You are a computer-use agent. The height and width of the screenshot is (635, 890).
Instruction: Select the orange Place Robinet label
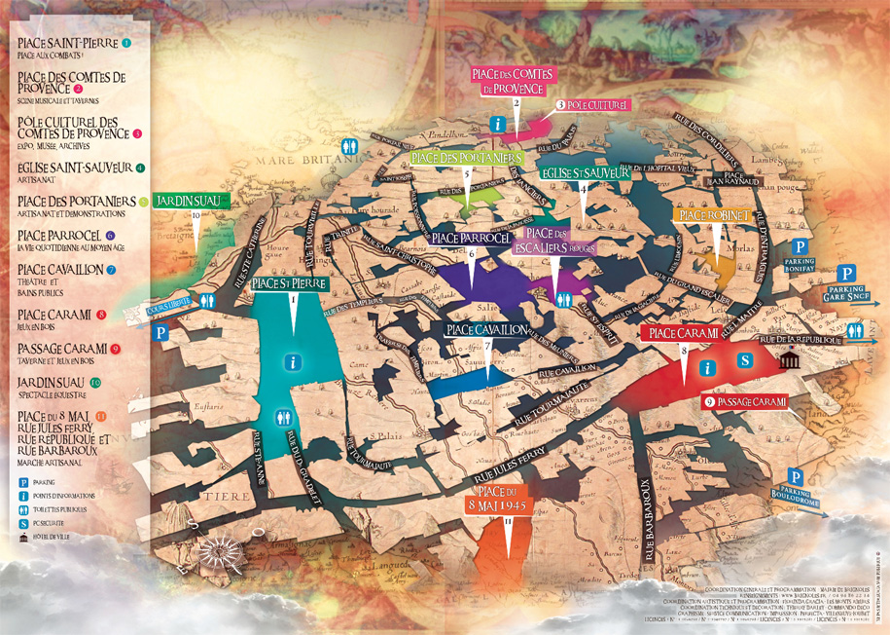(714, 213)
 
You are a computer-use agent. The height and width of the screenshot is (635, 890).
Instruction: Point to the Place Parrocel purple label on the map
(472, 238)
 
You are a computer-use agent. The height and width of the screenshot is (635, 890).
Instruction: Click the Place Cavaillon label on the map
(487, 330)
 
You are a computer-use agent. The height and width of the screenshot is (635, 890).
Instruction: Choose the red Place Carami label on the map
(684, 333)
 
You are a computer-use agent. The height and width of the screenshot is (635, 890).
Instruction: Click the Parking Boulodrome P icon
(796, 477)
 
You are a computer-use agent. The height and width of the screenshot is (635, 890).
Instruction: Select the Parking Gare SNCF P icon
(848, 275)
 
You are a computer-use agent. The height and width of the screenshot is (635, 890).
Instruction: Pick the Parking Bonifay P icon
(800, 247)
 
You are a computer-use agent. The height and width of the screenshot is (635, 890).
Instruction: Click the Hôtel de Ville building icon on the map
(789, 361)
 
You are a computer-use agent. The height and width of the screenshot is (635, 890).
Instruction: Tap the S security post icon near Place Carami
(745, 360)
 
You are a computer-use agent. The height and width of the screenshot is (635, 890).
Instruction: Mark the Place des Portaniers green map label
(468, 158)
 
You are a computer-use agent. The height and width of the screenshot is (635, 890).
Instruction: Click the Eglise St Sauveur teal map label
(583, 172)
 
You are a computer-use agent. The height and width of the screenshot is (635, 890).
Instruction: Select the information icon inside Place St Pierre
(293, 362)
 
